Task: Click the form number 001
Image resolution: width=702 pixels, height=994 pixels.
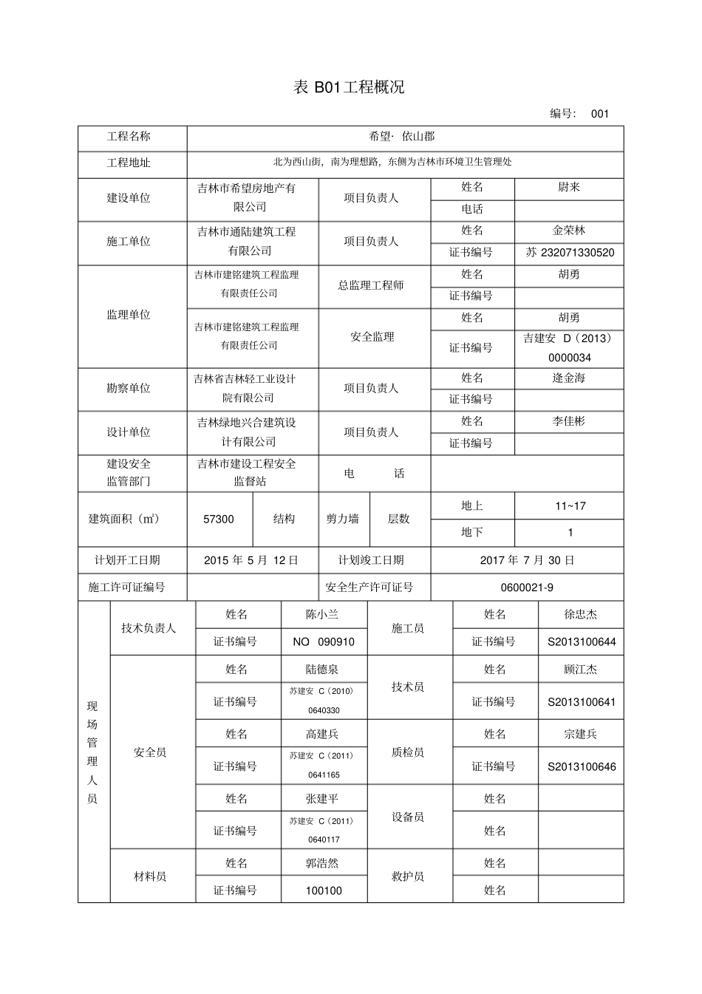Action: pos(599,114)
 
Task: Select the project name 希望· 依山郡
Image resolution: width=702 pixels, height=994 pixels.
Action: pos(402,136)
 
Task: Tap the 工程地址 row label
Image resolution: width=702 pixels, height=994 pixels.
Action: pos(129,163)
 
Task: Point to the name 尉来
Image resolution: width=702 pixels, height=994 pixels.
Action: pos(568,188)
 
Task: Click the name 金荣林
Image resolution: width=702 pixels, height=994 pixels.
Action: pos(568,231)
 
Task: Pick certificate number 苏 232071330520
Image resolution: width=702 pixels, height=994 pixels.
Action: pos(570,252)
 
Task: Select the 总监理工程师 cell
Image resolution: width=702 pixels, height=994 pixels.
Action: pos(371,285)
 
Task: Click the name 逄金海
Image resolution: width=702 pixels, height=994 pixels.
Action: pos(568,378)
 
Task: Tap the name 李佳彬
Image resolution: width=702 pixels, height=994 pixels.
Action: pos(568,421)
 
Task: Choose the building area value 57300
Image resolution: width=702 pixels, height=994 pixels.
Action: pos(219,520)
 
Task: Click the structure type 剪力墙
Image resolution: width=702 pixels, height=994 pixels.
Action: pos(343,520)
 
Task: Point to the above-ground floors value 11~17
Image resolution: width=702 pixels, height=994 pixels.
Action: pos(570,506)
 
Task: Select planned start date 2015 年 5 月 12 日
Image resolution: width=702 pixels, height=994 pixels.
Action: pos(251,560)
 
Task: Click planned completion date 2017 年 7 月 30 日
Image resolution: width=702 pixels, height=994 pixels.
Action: pos(527,560)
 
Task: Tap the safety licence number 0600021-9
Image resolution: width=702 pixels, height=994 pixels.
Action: pos(527,588)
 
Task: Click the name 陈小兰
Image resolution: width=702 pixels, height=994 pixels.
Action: pos(322,614)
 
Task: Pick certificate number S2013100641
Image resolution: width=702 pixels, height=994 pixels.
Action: pos(582,702)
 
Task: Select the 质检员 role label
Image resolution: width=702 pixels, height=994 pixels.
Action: pos(408,752)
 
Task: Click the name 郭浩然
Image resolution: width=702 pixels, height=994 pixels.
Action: pos(322,863)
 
